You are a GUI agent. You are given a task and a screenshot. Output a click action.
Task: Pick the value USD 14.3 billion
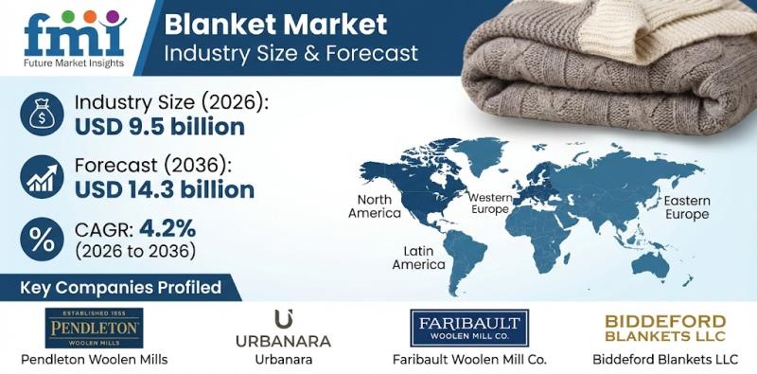point(166,189)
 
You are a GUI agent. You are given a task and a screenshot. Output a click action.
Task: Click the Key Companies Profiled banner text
point(123,287)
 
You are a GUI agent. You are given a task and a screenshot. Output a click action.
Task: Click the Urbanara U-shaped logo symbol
point(282,319)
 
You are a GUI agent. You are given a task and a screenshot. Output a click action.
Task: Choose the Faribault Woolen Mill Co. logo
point(470,329)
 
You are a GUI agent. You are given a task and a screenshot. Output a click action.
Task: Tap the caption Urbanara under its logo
point(282,360)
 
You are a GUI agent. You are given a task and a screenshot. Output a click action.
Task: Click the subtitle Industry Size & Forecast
point(291,52)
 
